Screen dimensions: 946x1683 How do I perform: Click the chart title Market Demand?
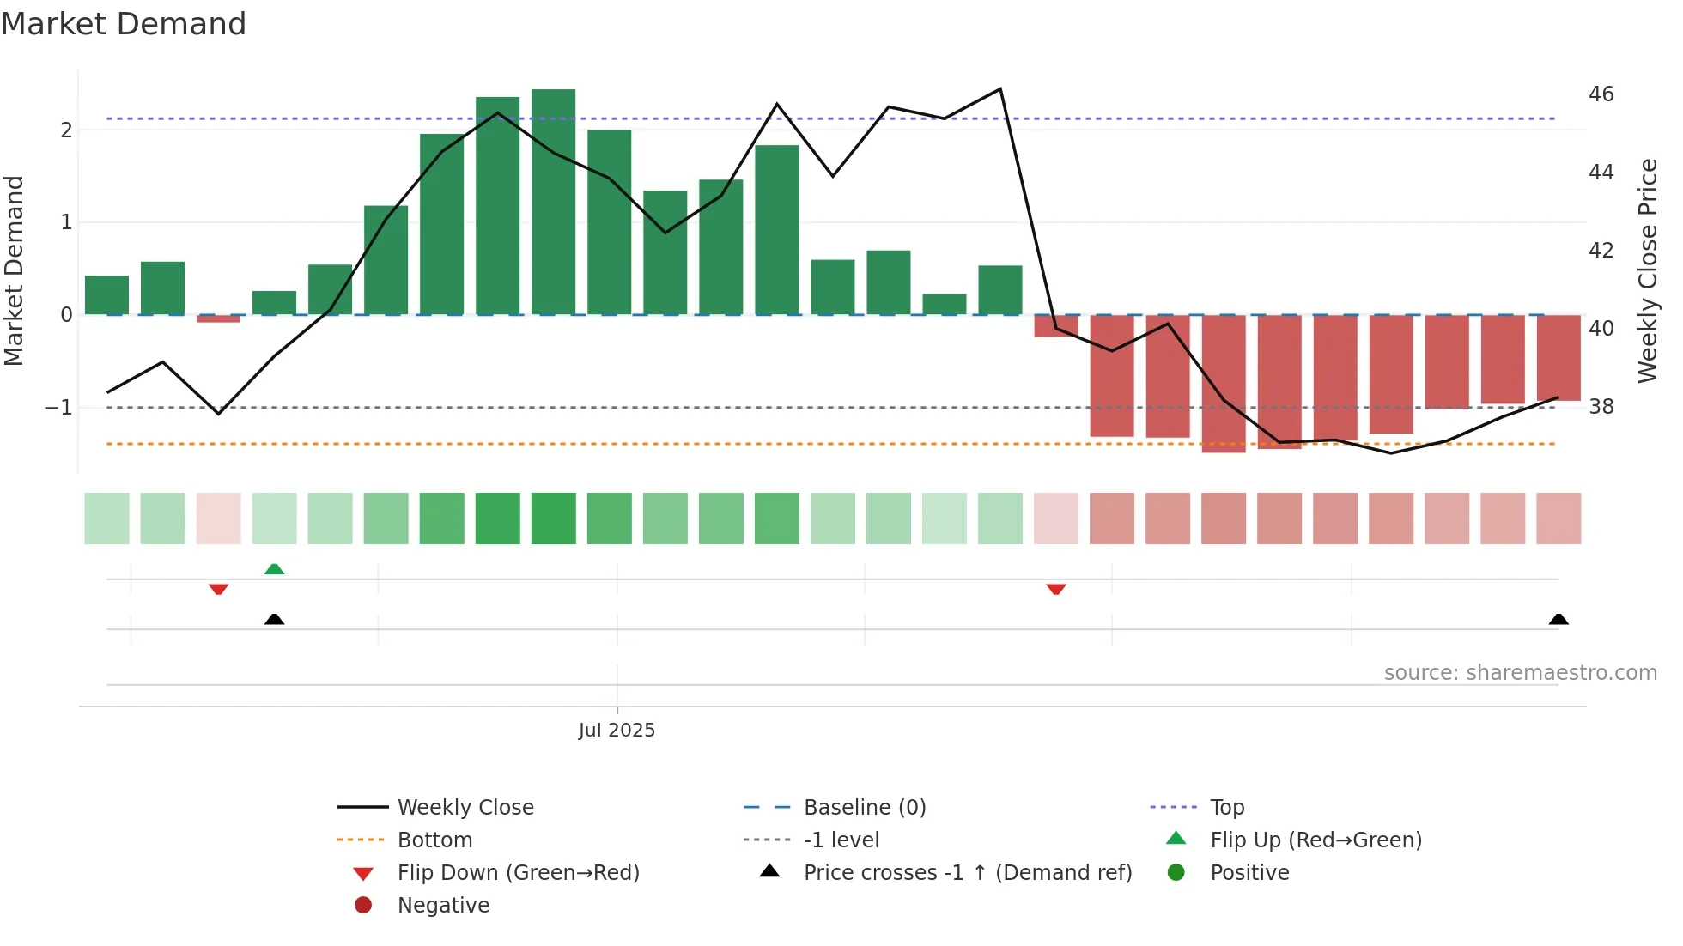click(x=124, y=24)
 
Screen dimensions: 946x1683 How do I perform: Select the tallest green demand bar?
click(x=553, y=202)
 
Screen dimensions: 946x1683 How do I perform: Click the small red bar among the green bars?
click(x=218, y=318)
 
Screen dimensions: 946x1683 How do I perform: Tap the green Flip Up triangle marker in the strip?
click(x=274, y=569)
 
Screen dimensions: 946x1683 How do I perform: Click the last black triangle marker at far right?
click(x=1558, y=619)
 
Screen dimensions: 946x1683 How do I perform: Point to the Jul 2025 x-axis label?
click(x=617, y=730)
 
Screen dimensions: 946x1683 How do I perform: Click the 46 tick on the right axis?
click(x=1601, y=94)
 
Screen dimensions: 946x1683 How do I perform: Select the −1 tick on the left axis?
click(x=58, y=407)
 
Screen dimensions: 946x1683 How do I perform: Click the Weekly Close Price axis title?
click(x=1647, y=270)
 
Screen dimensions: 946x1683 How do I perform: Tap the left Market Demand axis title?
click(x=14, y=270)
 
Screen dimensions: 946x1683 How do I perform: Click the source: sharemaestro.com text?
click(x=1520, y=672)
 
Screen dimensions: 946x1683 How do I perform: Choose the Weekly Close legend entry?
click(x=465, y=807)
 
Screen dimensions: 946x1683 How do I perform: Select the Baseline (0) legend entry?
click(x=864, y=807)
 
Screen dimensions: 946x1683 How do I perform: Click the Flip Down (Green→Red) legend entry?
click(x=518, y=872)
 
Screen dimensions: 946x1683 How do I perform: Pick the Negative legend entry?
click(x=443, y=905)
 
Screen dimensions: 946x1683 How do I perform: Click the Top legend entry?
click(x=1226, y=807)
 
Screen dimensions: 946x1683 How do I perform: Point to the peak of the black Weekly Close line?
click(x=999, y=89)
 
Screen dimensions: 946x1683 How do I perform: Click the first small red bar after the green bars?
click(x=1055, y=326)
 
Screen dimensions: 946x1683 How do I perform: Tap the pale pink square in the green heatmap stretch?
click(x=218, y=518)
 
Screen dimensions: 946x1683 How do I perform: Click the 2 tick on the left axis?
click(x=66, y=130)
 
